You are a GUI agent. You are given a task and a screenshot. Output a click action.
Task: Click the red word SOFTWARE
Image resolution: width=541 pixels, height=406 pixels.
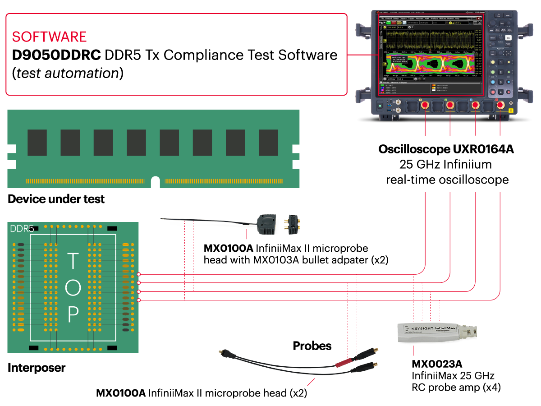coord(49,36)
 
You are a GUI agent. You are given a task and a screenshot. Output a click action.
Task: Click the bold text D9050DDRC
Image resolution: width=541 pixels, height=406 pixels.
coord(57,55)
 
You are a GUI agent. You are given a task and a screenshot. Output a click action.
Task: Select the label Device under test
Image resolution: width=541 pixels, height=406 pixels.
coord(56,199)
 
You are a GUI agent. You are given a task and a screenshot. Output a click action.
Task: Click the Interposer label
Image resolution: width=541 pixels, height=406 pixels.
coord(37,368)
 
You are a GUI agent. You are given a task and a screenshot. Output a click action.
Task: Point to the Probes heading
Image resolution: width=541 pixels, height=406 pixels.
coord(312,346)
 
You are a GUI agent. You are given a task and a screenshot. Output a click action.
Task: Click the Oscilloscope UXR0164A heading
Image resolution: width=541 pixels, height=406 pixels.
coord(446,149)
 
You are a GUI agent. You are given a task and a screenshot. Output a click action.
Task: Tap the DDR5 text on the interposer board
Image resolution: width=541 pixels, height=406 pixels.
coord(22,229)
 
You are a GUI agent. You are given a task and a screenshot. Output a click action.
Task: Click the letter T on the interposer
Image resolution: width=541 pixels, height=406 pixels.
coord(73,262)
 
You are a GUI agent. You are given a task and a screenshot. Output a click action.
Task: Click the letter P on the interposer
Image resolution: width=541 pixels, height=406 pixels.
coord(73,314)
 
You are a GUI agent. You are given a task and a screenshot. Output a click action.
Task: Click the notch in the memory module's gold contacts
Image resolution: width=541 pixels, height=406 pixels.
coord(155,182)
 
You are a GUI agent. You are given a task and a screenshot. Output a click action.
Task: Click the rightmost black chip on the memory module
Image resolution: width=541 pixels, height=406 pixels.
coord(268,143)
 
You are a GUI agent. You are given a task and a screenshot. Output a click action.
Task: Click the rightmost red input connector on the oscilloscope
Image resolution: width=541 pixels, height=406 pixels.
coord(500,106)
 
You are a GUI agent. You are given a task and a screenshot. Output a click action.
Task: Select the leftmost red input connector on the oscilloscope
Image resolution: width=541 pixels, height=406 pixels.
coord(425,106)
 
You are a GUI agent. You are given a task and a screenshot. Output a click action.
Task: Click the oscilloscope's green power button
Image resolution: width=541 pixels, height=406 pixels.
coord(380,107)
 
